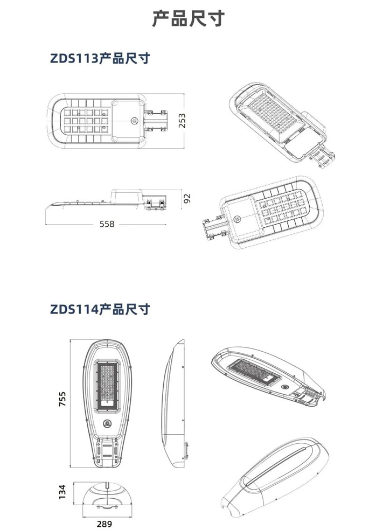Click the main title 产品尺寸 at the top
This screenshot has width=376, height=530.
click(x=188, y=18)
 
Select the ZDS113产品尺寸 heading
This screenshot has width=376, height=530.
click(x=100, y=58)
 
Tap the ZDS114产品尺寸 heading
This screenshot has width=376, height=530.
click(x=100, y=309)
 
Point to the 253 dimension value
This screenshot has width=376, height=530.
click(x=182, y=121)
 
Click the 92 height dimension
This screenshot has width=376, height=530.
click(x=187, y=199)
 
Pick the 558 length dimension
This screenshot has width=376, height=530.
click(x=107, y=224)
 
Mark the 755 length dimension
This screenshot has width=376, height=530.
click(x=62, y=399)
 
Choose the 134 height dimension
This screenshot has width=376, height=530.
click(x=62, y=492)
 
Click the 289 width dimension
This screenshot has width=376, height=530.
click(x=104, y=524)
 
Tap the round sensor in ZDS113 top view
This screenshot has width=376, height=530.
click(x=135, y=120)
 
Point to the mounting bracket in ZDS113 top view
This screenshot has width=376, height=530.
click(x=156, y=121)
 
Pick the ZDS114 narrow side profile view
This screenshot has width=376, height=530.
click(x=175, y=403)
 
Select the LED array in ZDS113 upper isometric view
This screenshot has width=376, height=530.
click(x=273, y=111)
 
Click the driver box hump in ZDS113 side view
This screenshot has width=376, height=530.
click(x=127, y=197)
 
